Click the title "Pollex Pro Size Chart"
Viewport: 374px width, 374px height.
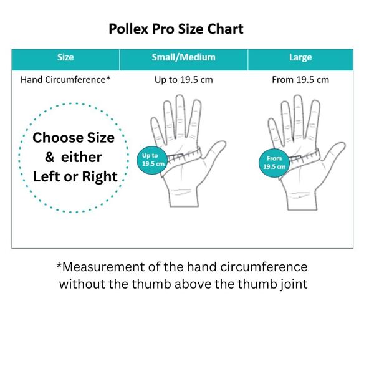click(x=176, y=29)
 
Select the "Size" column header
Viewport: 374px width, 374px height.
click(x=65, y=57)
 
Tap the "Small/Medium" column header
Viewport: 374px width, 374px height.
click(x=183, y=57)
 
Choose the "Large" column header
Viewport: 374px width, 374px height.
click(x=300, y=57)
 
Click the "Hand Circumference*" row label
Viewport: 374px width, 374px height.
click(x=65, y=80)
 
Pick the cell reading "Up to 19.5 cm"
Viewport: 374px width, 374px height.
click(x=184, y=80)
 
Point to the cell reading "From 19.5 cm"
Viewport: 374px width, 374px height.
click(x=300, y=80)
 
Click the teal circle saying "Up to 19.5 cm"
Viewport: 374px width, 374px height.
click(x=152, y=160)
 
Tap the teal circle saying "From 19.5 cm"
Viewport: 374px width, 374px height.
click(x=274, y=163)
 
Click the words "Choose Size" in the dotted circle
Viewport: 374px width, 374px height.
click(x=74, y=138)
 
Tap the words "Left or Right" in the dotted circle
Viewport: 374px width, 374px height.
click(x=75, y=176)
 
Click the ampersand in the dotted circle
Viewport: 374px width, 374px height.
click(x=49, y=157)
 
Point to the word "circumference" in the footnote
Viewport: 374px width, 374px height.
click(x=264, y=267)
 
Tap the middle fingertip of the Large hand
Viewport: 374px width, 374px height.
click(x=298, y=97)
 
